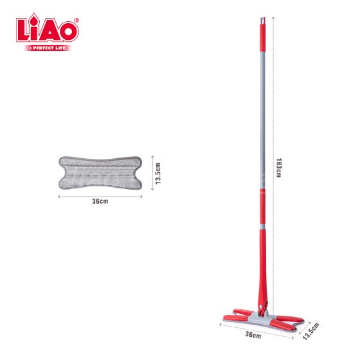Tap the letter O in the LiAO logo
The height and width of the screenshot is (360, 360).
coord(68,32)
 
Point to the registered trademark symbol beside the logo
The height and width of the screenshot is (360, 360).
coord(76,20)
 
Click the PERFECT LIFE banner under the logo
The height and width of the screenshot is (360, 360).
coord(48,48)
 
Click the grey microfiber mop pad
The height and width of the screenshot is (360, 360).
coord(100,173)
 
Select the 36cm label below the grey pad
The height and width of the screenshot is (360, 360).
coord(100,201)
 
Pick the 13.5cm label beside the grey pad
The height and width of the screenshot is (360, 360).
coord(157,174)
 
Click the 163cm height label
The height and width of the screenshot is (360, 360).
coord(279,168)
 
